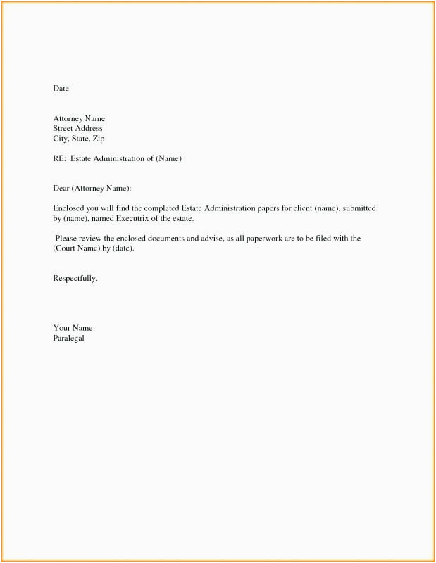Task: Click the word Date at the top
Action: pyautogui.click(x=61, y=89)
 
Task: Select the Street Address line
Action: pyautogui.click(x=77, y=129)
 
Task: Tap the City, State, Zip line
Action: pyautogui.click(x=79, y=139)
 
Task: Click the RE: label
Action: pyautogui.click(x=59, y=159)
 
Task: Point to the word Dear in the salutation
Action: pyautogui.click(x=61, y=189)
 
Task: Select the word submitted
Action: pyautogui.click(x=359, y=209)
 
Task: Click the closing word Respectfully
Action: pyautogui.click(x=75, y=279)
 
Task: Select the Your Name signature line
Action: pyautogui.click(x=73, y=329)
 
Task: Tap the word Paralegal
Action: pyautogui.click(x=68, y=339)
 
